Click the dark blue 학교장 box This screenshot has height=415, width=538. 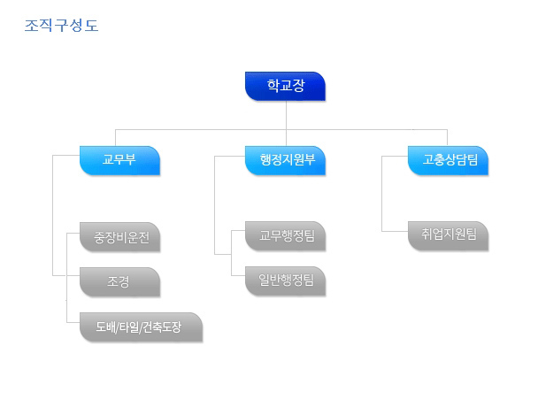(285, 86)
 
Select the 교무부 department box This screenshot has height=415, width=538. (119, 160)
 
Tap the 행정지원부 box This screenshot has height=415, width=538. (285, 160)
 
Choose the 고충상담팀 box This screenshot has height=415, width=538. (448, 160)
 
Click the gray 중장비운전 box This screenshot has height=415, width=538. (119, 237)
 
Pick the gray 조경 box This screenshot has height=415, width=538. (119, 282)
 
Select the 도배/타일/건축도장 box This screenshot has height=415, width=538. (141, 327)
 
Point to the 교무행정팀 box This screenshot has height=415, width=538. (285, 236)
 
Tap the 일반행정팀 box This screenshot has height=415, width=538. (285, 281)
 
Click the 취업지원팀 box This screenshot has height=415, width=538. (448, 236)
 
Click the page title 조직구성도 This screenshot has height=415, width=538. (61, 26)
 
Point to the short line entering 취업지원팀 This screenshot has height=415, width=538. (395, 231)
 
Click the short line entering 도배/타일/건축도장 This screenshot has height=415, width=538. (73, 322)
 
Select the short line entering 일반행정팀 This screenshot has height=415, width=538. (238, 275)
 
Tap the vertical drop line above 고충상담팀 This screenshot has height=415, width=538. (447, 138)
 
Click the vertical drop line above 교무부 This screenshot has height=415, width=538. (115, 138)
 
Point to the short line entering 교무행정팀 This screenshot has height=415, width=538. (238, 230)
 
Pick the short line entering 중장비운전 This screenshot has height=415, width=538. (73, 234)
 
